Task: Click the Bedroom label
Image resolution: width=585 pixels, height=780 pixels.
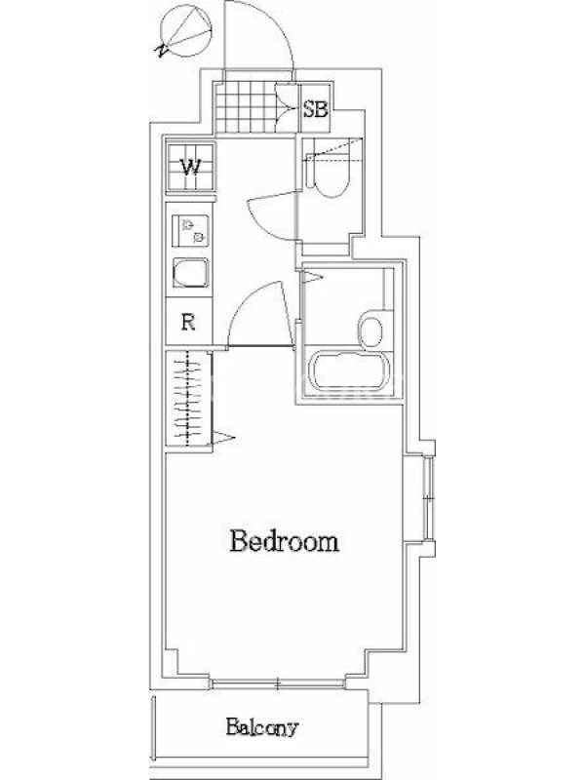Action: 284,542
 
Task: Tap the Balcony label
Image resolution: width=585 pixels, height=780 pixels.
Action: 261,727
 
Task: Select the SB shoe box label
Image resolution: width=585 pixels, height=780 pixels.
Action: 315,109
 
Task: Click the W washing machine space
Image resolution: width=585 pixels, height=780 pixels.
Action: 190,167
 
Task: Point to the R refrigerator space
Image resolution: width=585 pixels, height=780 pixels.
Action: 188,322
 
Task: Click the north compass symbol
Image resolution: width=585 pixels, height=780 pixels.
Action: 183,31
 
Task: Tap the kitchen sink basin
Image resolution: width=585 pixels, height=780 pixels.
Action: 190,273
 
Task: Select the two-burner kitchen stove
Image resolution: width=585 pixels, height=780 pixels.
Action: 190,230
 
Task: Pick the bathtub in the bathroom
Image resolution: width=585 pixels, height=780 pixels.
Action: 348,372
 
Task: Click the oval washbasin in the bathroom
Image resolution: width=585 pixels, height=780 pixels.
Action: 370,329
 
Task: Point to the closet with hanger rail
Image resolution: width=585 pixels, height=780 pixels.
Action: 187,399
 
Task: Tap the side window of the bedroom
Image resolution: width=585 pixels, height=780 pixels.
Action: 428,496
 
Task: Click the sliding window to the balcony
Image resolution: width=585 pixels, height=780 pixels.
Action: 278,684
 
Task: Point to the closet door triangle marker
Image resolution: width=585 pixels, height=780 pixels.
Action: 223,438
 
